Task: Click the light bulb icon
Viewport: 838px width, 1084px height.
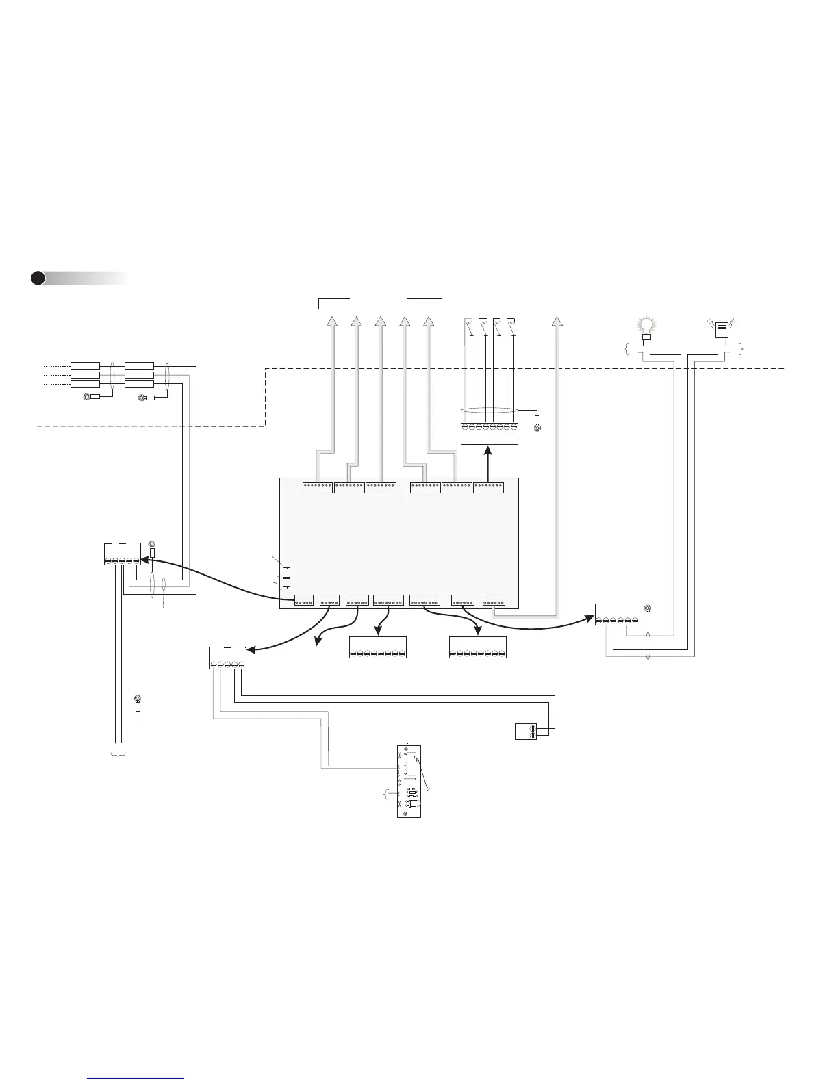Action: click(x=646, y=326)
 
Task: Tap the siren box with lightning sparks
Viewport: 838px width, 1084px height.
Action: click(x=722, y=329)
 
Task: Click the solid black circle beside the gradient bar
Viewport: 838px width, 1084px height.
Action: click(x=38, y=278)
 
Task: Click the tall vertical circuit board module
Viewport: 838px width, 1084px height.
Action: click(x=409, y=782)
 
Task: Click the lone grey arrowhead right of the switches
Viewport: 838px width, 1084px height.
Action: click(x=557, y=322)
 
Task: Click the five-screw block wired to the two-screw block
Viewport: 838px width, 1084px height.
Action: click(x=227, y=658)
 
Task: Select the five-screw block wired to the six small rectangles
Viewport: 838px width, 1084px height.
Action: click(x=122, y=554)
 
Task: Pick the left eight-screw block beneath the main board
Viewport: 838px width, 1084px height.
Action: click(x=378, y=648)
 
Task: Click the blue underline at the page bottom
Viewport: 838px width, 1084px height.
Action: click(x=136, y=1079)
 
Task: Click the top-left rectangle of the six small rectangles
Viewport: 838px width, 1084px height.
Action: click(x=86, y=365)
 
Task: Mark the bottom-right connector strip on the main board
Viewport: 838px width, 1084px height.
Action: click(x=494, y=602)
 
